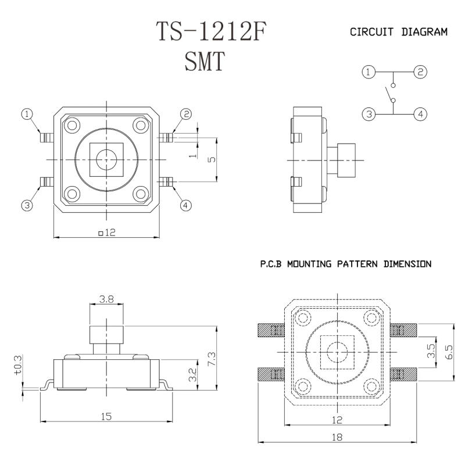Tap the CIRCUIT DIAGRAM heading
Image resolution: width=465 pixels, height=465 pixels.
pos(399,33)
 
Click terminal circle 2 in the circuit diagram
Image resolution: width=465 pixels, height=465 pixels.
pos(420,72)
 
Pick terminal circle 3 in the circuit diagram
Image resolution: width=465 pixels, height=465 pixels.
pos(367,114)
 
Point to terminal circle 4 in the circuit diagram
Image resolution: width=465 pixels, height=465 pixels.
pos(420,114)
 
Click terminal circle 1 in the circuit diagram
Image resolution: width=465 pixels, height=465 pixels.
pos(367,72)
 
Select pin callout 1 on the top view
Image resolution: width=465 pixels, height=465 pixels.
pos(27,115)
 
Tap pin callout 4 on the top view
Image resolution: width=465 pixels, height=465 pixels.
pos(185,205)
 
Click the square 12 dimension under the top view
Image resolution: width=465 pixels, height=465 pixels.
pos(107,233)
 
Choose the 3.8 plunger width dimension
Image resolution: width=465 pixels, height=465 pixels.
pos(106,299)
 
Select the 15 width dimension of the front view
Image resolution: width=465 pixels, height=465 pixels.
pos(106,417)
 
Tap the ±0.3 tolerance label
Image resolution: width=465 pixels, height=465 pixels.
pos(17,366)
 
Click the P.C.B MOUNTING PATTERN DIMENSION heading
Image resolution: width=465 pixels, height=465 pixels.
pos(345,264)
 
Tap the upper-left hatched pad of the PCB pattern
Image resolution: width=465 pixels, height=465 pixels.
pos(270,331)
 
